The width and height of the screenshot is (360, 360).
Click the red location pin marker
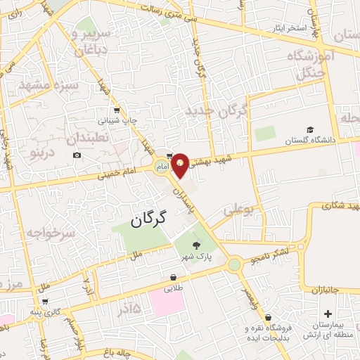click(x=181, y=164)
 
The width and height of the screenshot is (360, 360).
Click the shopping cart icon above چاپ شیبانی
click(x=116, y=110)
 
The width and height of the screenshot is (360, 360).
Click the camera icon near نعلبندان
click(x=77, y=155)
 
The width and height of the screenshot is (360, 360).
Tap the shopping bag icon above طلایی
click(x=173, y=277)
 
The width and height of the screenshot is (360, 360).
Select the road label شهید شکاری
click(x=330, y=206)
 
